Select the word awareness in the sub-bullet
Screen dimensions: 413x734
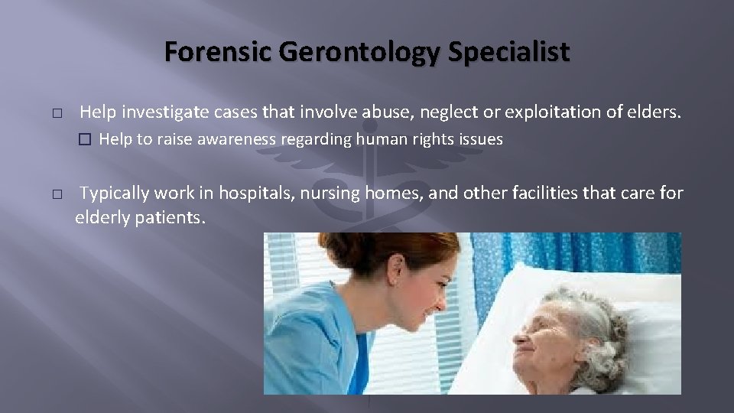click(242, 140)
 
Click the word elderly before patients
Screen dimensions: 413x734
click(102, 217)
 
